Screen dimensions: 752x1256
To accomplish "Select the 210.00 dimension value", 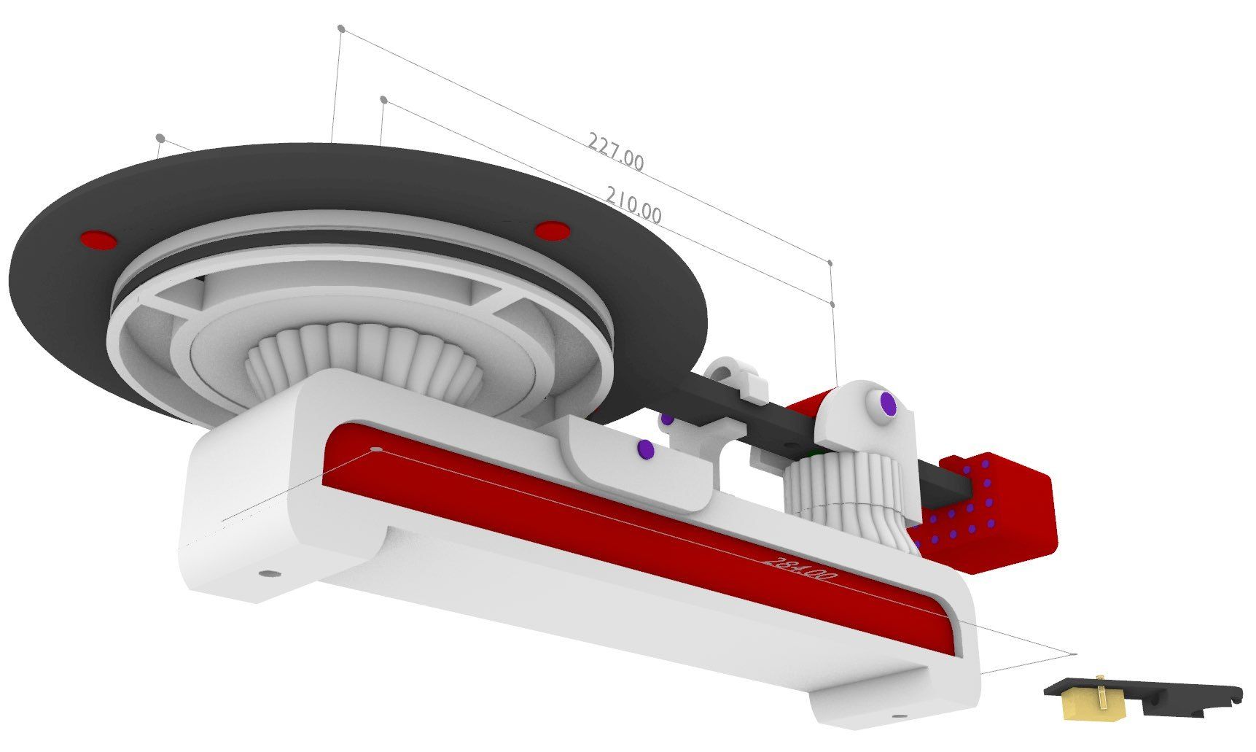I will [633, 205].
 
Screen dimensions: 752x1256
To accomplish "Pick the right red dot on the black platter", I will [550, 230].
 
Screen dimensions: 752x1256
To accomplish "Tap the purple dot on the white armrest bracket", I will [644, 449].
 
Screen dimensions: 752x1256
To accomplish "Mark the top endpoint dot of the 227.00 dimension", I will [340, 28].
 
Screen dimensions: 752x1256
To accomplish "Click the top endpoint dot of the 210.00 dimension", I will [383, 99].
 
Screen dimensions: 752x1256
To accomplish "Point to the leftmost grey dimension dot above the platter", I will [160, 138].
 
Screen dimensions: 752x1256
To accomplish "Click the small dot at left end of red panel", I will [376, 449].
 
